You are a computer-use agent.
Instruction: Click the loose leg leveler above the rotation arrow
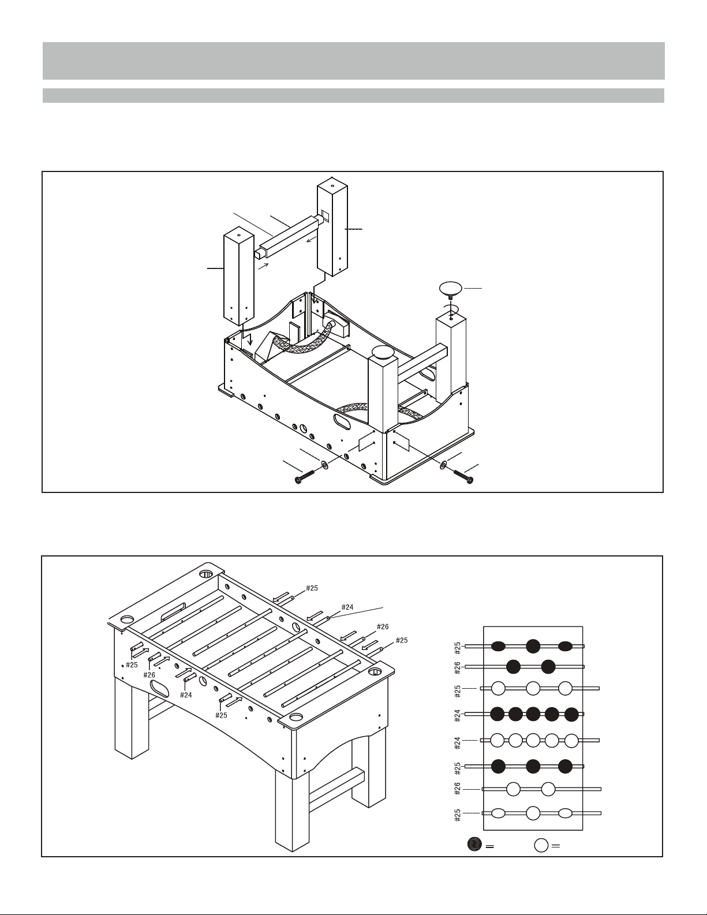tap(451, 287)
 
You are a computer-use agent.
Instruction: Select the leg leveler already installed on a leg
tap(383, 352)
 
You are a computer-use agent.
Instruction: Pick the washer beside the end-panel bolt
tap(443, 465)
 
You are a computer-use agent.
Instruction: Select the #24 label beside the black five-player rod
tap(458, 714)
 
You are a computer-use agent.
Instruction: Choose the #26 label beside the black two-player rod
tap(458, 667)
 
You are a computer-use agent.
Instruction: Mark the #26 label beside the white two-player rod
tap(458, 789)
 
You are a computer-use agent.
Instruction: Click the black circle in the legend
tap(474, 844)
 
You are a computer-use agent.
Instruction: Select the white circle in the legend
tap(541, 845)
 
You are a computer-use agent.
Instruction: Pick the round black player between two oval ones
tap(533, 646)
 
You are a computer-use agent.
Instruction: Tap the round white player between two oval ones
tap(533, 813)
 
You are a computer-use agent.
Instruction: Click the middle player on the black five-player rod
tap(533, 714)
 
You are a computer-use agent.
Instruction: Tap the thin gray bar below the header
tap(353, 96)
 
